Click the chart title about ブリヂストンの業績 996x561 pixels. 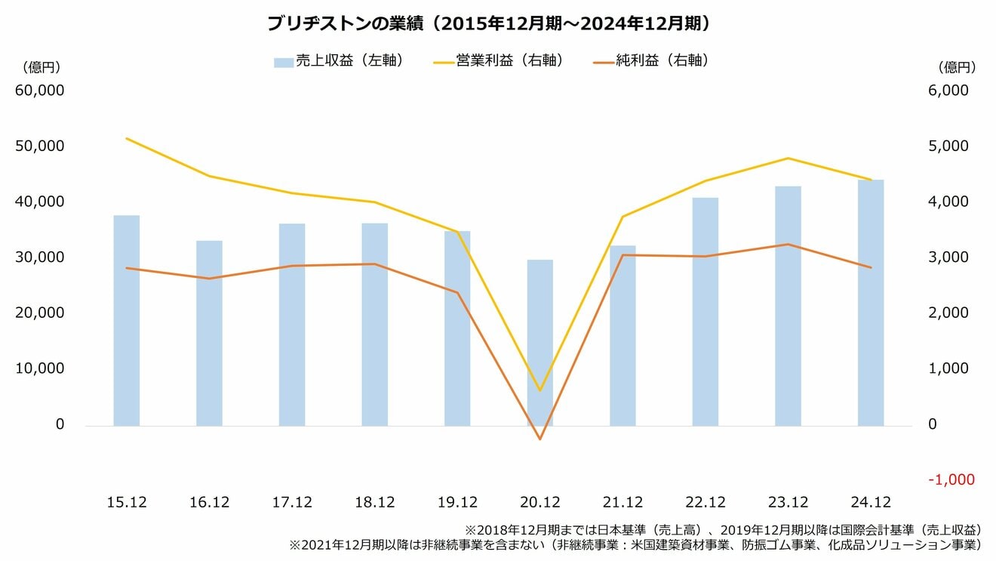[490, 23]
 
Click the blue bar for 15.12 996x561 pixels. [127, 321]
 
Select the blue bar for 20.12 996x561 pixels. [539, 343]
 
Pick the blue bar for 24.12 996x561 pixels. [870, 303]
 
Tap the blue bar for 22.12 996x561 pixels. [705, 312]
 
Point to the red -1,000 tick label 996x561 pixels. [952, 480]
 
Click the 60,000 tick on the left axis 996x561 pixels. [39, 91]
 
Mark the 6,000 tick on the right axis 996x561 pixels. [952, 91]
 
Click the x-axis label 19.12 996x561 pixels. [457, 502]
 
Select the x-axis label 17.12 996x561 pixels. [292, 502]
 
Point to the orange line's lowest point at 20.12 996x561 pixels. [539, 439]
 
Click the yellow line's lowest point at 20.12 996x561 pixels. [539, 390]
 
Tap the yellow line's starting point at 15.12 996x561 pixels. [127, 138]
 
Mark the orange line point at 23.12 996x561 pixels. [788, 244]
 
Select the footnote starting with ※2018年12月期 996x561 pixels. [722, 529]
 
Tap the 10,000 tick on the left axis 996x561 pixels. [39, 368]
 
